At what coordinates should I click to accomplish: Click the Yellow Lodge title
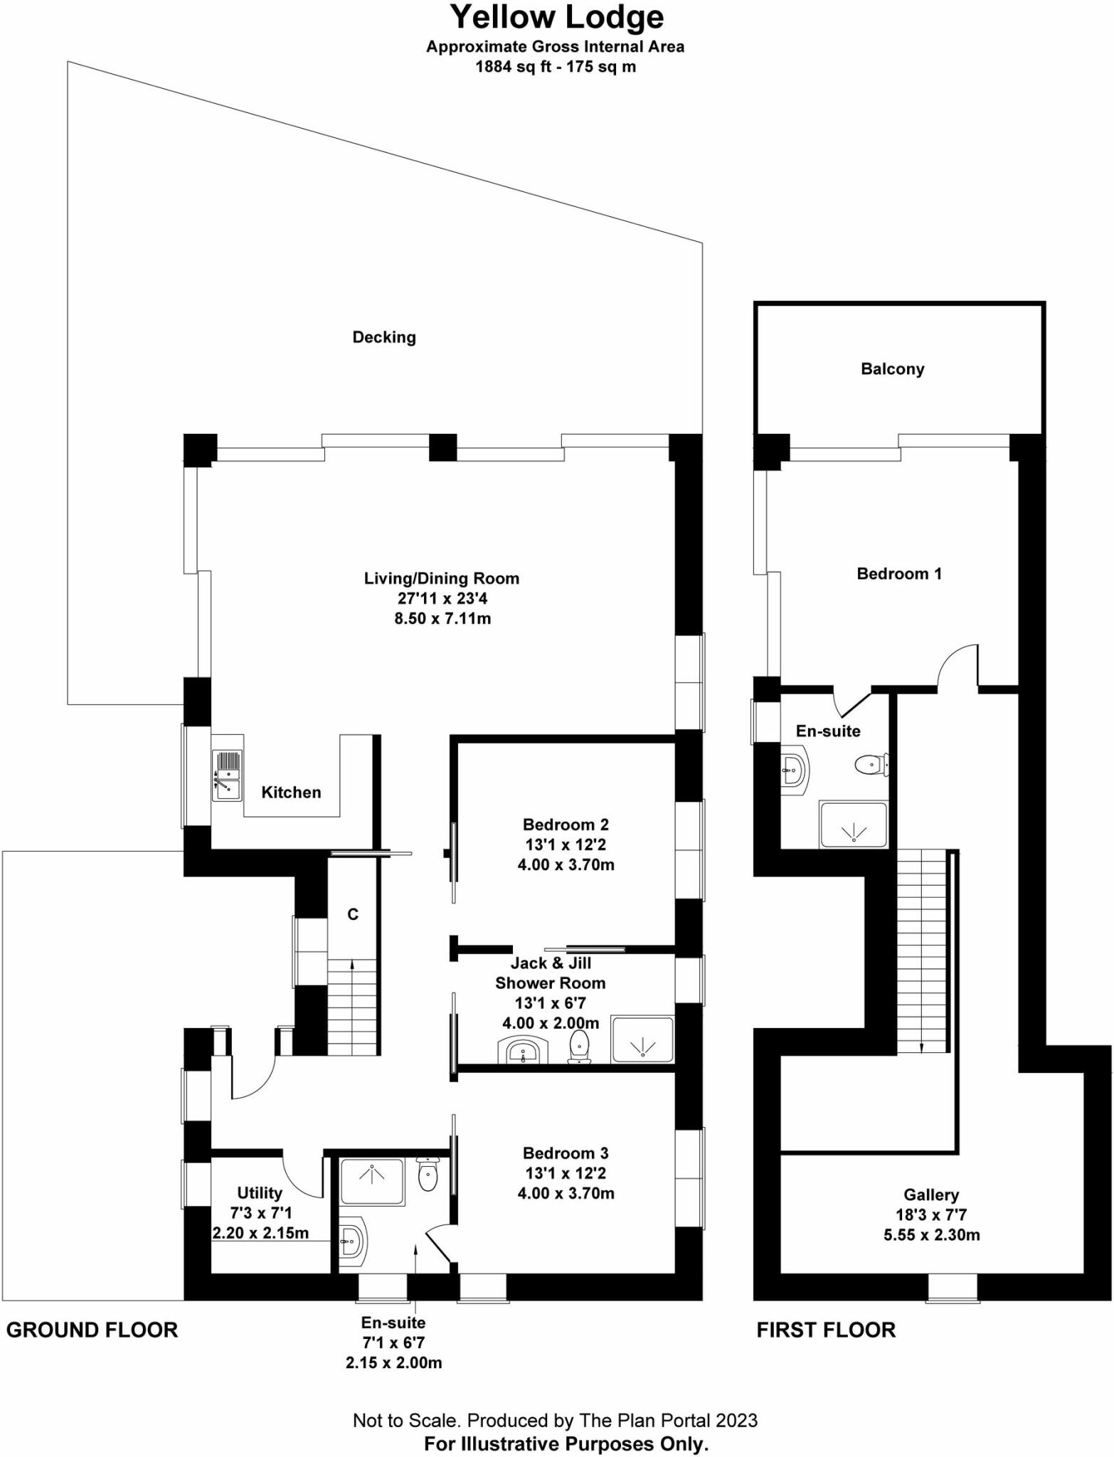[556, 17]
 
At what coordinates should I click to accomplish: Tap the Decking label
[384, 337]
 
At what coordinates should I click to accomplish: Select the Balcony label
[892, 369]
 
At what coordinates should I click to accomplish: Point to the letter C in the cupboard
[353, 914]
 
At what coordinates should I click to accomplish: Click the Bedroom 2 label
[566, 825]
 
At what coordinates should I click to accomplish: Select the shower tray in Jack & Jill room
[642, 1040]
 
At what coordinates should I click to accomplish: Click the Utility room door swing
[302, 1177]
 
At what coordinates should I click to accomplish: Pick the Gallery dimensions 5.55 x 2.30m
[931, 1235]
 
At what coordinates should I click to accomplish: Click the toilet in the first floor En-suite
[871, 765]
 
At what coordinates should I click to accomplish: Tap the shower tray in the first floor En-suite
[853, 825]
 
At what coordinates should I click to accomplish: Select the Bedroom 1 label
[898, 573]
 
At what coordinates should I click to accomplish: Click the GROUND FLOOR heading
[92, 1330]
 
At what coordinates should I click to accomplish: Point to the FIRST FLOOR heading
[825, 1330]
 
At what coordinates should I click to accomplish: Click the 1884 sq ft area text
[556, 67]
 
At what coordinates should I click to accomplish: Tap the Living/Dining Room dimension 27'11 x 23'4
[442, 598]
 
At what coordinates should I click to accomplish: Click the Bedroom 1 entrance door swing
[959, 665]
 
